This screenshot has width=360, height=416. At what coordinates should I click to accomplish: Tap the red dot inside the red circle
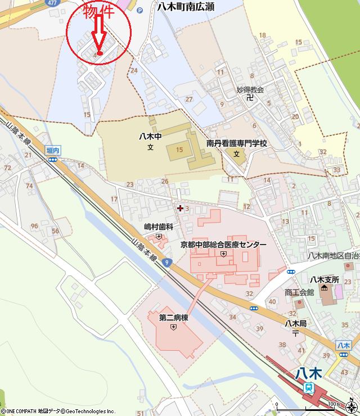coord(100,53)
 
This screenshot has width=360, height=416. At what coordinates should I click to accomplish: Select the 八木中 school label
coord(150,136)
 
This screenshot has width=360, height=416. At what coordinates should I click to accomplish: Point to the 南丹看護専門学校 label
coord(236,143)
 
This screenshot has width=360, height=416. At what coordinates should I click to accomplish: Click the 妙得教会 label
coord(250,89)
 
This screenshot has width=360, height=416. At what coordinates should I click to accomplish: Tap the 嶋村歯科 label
coord(158,227)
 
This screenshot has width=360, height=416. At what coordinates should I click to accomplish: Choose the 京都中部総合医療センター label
coord(223,245)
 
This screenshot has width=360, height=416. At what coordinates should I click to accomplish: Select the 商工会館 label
coord(299,292)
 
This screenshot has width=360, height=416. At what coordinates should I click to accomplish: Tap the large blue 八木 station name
coord(308,373)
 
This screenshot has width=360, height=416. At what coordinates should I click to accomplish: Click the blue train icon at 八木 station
coord(309,387)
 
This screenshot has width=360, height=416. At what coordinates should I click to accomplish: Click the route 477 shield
coord(53,3)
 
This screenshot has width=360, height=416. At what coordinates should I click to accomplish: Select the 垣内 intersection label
coord(53,150)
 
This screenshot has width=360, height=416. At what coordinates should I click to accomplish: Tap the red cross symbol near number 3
coord(180,208)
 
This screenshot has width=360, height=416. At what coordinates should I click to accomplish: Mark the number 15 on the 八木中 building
coord(179,149)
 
